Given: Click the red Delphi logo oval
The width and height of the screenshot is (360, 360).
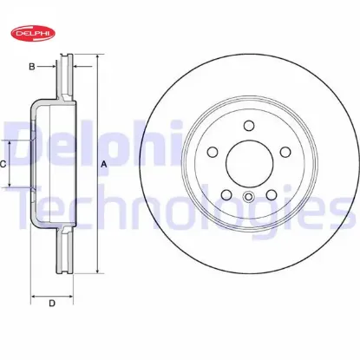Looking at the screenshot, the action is [33, 33].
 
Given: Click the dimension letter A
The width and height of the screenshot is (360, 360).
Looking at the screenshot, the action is [104, 165].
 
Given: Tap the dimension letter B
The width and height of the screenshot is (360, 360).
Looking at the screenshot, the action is [32, 67].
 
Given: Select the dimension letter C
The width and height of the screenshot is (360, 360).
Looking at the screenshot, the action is [3, 164].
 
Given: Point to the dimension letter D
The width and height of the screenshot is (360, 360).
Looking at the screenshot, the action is [52, 304].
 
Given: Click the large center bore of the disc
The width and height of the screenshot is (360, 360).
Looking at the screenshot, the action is [250, 163].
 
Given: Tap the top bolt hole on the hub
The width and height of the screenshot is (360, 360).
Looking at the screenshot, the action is [249, 126].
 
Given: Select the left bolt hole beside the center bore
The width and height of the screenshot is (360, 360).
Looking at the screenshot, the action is [213, 152].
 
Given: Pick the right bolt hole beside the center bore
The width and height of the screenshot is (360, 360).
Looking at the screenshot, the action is [285, 152].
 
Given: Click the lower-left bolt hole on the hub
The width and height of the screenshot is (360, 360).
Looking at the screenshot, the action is [226, 194].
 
